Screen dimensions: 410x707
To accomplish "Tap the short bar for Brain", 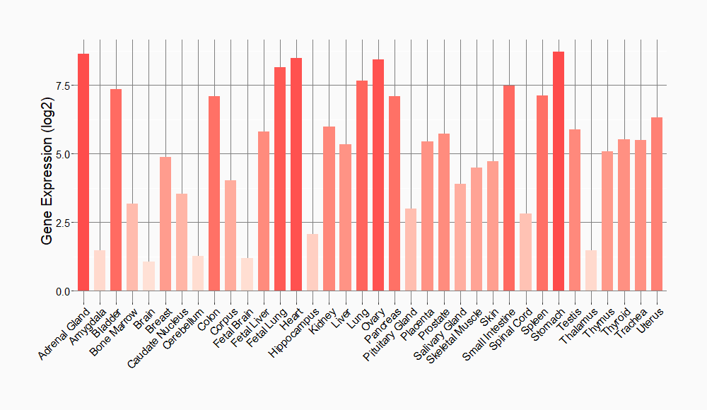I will (x=148, y=276).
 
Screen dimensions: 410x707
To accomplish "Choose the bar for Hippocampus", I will (x=312, y=262).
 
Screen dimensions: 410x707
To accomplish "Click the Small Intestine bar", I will (x=509, y=188).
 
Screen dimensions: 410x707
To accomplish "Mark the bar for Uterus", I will (x=657, y=204).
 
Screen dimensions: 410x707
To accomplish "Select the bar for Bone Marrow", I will (x=132, y=247).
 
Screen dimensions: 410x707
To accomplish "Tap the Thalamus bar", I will (x=591, y=271).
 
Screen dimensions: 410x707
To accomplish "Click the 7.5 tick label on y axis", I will (x=62, y=86).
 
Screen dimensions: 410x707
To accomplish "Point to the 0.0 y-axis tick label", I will (x=62, y=291).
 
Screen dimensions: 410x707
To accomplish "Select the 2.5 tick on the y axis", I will (x=62, y=223).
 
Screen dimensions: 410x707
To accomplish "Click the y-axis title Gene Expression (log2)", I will (x=47, y=174).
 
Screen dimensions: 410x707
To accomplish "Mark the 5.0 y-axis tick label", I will (x=62, y=154).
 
